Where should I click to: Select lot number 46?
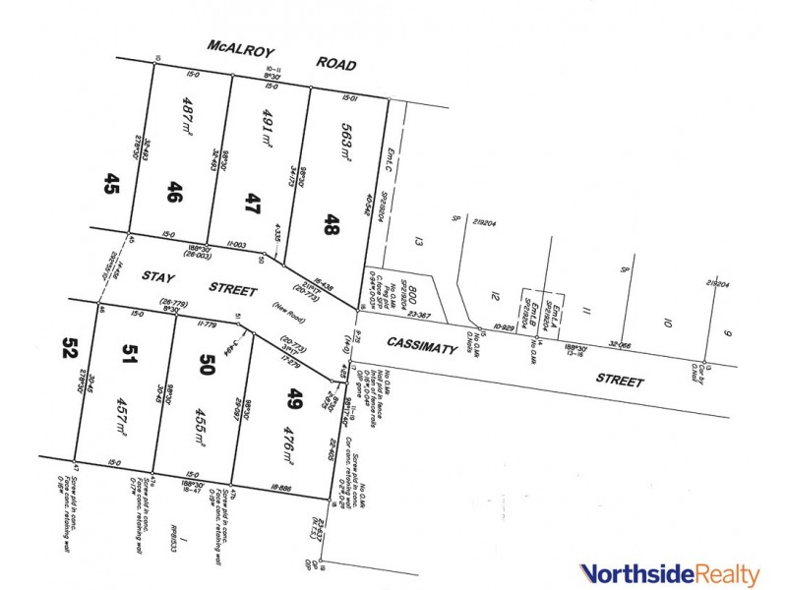pyautogui.click(x=175, y=192)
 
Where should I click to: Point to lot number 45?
pyautogui.click(x=112, y=184)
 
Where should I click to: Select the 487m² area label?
pyautogui.click(x=190, y=115)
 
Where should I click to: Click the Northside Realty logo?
pyautogui.click(x=669, y=572)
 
